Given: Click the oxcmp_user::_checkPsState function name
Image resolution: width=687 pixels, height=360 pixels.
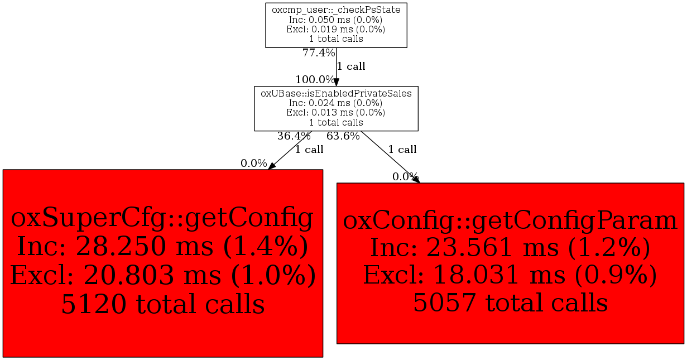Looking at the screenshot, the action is tap(336, 10).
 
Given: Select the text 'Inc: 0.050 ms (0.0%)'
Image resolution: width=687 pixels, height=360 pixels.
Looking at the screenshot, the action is tap(336, 20).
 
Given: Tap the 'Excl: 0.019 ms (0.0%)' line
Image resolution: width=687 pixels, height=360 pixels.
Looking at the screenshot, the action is tap(336, 30).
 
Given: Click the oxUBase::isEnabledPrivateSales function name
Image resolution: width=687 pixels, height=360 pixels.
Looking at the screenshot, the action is tap(336, 94).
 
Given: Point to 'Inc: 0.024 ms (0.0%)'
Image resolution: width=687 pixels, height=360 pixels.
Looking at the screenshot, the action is tap(336, 103).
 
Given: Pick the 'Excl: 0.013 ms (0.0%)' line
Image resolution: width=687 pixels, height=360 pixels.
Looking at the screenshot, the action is tap(336, 113).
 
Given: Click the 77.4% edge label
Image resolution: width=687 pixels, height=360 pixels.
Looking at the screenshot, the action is tap(319, 53).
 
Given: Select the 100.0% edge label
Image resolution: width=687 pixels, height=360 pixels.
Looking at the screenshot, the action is tap(315, 80).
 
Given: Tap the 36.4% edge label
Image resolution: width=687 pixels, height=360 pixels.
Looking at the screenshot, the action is tap(294, 136).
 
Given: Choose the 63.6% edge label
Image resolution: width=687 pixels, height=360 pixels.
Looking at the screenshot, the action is tap(343, 136).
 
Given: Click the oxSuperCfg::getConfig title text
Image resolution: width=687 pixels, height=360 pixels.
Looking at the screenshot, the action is tap(162, 218).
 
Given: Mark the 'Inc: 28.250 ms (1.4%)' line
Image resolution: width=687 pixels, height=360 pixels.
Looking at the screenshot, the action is tap(162, 247).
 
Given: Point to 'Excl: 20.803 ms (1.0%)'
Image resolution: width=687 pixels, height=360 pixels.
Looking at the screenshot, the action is tap(163, 275).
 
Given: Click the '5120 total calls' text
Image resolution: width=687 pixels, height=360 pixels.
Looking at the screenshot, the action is tap(163, 304).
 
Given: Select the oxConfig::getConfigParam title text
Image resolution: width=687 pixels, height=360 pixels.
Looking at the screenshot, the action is tap(510, 221).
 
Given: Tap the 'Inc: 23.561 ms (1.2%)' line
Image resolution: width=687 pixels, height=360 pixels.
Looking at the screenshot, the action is tap(510, 248).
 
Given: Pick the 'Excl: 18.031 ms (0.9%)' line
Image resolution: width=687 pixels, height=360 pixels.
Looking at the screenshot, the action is tap(510, 275).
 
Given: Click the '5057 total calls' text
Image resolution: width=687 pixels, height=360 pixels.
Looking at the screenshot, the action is tap(510, 303).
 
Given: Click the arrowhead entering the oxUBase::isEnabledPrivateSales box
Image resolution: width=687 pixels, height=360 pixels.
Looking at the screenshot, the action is tap(336, 82).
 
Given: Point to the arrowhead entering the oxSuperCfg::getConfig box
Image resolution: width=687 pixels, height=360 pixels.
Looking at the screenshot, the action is tap(272, 166).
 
